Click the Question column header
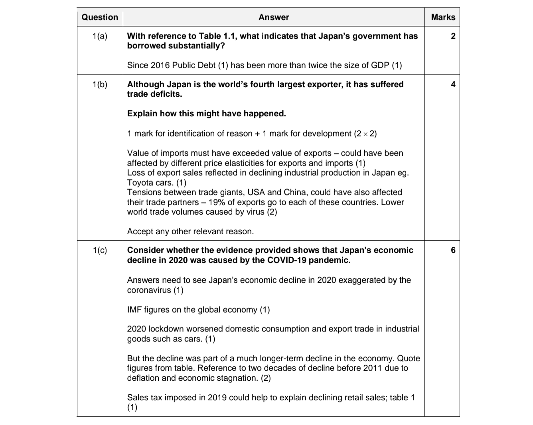100,17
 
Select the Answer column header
274,17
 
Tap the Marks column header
443,17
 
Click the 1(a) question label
100,36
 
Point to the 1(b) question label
100,84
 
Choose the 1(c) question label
100,251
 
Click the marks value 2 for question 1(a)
453,36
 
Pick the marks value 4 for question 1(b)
453,84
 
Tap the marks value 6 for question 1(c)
453,251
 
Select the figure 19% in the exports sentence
217,202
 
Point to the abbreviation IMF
135,310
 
